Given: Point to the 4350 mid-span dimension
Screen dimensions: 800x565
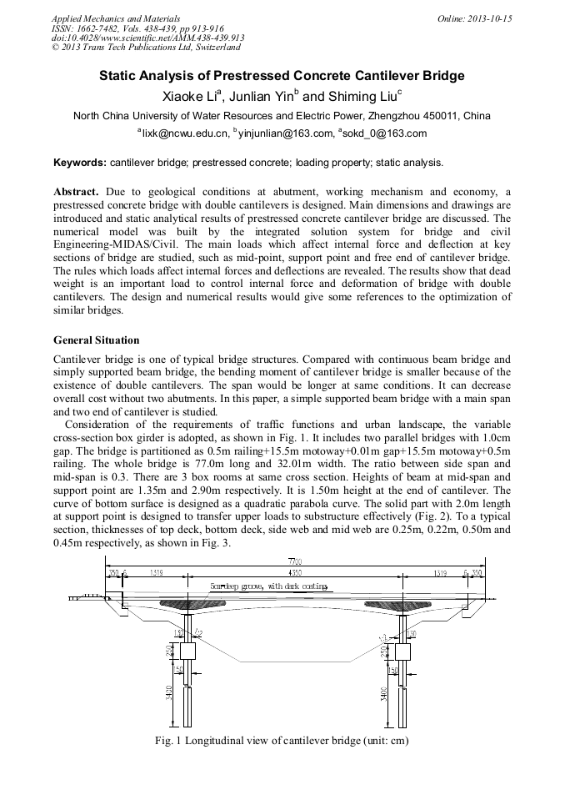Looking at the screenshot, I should click(294, 573).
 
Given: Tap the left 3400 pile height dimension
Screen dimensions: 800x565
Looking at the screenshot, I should click(170, 692).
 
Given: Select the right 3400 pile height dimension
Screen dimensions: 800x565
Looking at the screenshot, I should click(382, 692).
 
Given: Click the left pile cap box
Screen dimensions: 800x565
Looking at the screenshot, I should click(187, 650).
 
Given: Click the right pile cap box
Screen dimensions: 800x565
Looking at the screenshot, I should click(402, 650).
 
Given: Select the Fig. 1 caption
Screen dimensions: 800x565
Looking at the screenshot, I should click(282, 740).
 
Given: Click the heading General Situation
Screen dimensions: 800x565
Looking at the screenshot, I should click(97, 340).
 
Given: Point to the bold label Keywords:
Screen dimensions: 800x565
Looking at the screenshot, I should click(80, 163).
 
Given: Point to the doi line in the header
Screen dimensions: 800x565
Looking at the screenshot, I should click(147, 38).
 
